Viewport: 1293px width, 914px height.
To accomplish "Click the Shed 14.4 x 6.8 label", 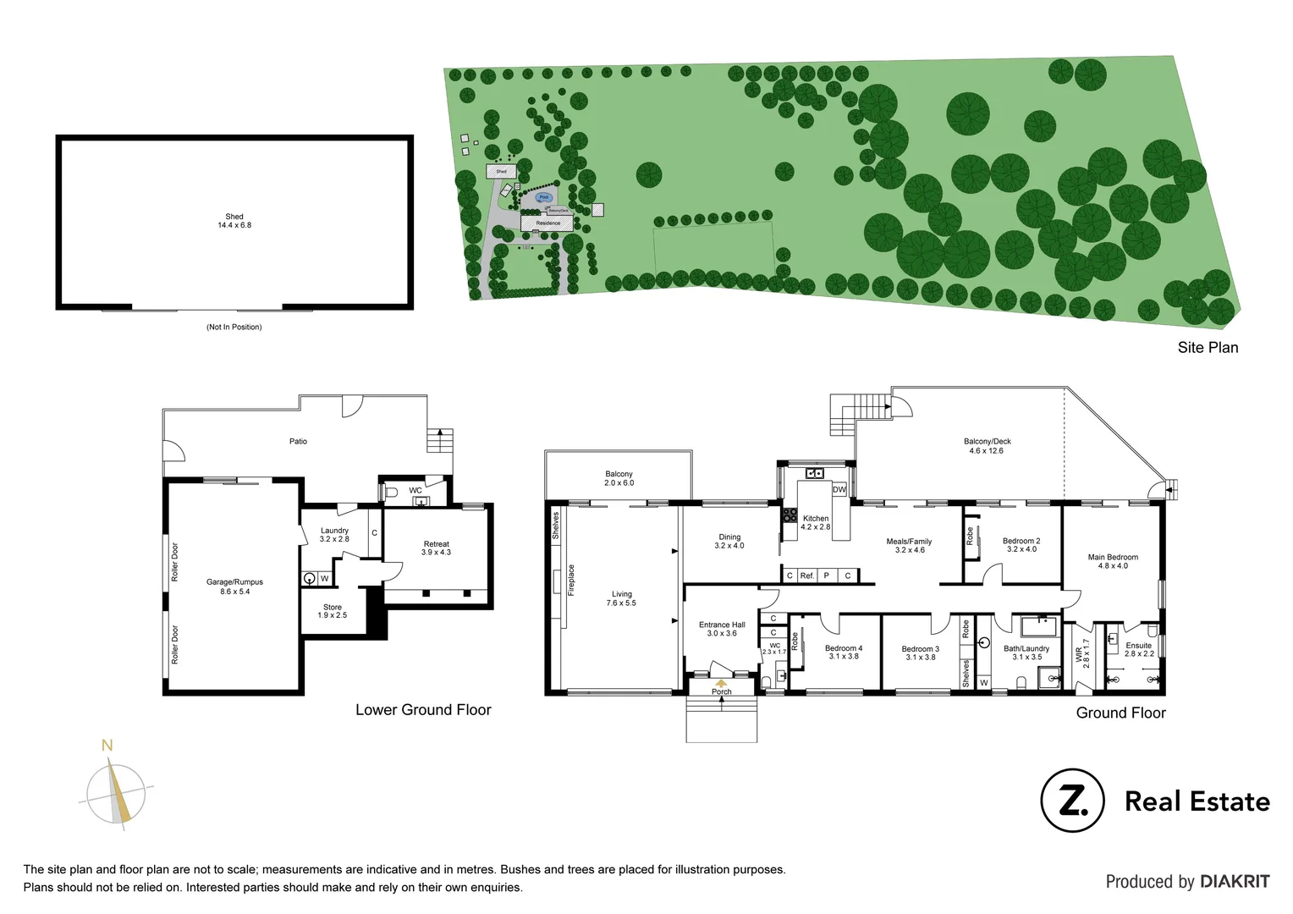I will [234, 221].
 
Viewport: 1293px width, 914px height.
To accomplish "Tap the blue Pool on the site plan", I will [544, 197].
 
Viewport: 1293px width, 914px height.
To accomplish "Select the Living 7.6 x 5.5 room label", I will [621, 598].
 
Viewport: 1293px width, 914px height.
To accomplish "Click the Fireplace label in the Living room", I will [571, 581].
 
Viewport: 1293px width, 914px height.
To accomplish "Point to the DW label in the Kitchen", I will [839, 490].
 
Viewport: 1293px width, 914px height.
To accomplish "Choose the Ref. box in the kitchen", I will [806, 575].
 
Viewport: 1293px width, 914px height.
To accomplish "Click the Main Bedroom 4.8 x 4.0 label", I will [1113, 561].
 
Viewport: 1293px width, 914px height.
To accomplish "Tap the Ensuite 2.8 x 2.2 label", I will [1138, 649].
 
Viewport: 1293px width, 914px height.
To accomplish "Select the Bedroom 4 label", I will [844, 652].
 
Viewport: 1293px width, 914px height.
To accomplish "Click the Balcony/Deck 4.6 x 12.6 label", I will [987, 446].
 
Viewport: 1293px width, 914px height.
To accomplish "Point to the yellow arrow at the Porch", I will [721, 682].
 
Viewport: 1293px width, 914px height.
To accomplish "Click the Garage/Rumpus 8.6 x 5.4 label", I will [234, 586].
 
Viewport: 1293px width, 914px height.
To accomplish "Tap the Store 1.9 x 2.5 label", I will [333, 611].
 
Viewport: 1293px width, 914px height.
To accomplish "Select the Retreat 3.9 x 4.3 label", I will [436, 548].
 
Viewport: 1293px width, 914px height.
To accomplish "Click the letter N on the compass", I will [107, 746].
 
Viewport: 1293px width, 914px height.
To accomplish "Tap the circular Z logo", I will [1072, 801].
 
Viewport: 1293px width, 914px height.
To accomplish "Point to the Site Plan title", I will [1208, 348].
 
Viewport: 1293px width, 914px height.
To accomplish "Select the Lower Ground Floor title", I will [423, 710].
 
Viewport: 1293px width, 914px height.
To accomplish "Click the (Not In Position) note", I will [234, 327].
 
